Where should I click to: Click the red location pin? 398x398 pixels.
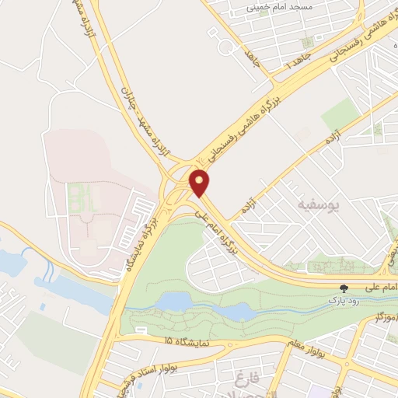200,183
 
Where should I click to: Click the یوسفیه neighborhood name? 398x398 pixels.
319,204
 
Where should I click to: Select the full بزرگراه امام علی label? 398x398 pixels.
217,231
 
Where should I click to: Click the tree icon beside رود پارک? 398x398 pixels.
344,288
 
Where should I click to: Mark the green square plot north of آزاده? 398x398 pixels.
340,114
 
